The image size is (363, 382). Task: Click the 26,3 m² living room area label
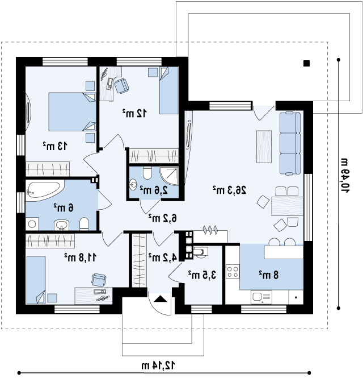click(x=230, y=190)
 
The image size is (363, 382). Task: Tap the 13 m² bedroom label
click(x=55, y=146)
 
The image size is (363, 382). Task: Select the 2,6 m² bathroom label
click(x=154, y=190)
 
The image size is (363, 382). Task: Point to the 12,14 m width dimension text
click(x=158, y=366)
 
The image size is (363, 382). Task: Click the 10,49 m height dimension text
click(x=344, y=176)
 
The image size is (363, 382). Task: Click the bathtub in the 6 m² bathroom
click(x=44, y=190)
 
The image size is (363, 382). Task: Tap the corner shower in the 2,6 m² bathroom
click(x=169, y=176)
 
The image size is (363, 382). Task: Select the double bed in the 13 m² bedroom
click(x=72, y=111)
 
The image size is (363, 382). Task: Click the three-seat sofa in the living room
click(x=290, y=143)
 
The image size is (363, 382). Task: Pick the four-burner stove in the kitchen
click(x=232, y=272)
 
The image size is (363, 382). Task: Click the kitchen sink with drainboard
click(x=261, y=297)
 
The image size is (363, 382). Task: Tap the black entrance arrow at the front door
click(x=161, y=298)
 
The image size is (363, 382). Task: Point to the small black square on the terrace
click(x=307, y=64)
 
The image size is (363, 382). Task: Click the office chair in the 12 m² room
click(x=121, y=85)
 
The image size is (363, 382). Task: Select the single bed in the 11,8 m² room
click(x=36, y=280)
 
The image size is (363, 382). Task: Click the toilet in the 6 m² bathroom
click(x=84, y=223)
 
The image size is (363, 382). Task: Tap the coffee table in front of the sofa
click(x=264, y=147)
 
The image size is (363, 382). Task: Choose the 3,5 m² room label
click(x=202, y=275)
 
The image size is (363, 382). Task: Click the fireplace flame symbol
click(x=210, y=230)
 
